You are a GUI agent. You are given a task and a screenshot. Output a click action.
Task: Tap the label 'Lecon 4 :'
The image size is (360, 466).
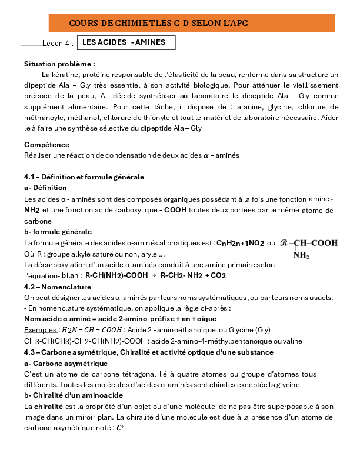point(58,44)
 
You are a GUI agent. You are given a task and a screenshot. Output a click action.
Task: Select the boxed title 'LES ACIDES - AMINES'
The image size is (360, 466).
point(124,42)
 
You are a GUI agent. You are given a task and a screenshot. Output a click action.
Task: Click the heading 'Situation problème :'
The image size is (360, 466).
point(59,64)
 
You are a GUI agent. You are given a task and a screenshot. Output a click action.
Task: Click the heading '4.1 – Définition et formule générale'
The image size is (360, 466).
point(84,177)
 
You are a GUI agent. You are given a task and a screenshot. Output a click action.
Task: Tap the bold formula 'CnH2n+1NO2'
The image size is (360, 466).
point(241,242)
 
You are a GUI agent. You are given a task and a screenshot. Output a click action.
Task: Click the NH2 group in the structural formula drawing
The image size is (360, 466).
point(301,255)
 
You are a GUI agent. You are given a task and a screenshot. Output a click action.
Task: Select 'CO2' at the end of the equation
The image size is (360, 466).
point(218,275)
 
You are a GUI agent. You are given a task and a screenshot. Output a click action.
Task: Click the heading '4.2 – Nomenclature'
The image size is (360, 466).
point(58,287)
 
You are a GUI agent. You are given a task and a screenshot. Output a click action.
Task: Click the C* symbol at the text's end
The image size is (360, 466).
point(121,428)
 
